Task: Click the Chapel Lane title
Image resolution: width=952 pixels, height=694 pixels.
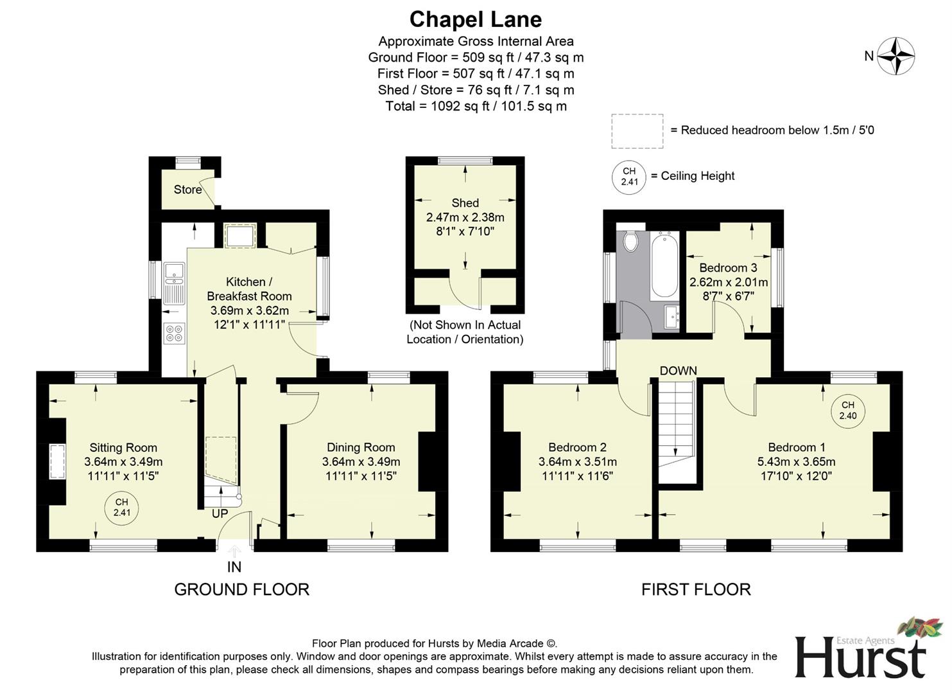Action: pos(475,19)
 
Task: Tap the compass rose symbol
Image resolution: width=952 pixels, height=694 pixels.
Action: pos(896,56)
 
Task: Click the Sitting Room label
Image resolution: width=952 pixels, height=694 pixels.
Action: pos(123,448)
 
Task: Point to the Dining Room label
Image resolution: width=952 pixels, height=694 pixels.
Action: pos(361,447)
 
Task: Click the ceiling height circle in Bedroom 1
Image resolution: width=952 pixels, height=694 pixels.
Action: pos(847,410)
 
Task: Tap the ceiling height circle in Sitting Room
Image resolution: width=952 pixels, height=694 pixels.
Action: pos(122,507)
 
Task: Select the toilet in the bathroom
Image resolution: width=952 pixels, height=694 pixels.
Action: pos(630,241)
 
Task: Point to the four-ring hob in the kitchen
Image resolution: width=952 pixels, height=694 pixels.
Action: pos(174,333)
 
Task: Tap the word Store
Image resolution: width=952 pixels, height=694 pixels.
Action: pos(187,190)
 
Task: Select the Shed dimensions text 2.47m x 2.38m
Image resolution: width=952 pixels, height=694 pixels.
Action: pos(465,217)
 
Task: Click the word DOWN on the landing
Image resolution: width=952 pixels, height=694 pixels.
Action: pos(678,371)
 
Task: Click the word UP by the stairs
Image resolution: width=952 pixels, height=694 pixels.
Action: pos(220,514)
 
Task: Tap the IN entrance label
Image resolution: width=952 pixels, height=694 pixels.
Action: pos(234,567)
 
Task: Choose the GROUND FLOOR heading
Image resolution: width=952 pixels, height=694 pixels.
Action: pos(241,589)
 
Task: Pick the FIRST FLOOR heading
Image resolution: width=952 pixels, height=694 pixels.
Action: pos(696,589)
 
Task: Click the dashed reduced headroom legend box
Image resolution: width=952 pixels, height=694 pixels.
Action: pos(637,131)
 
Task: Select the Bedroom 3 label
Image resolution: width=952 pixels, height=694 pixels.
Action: pos(728,267)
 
